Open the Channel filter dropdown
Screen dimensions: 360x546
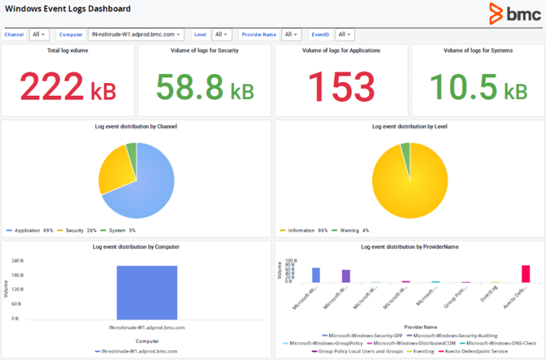coord(39,34)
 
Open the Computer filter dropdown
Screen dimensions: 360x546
coord(140,34)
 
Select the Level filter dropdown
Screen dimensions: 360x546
coord(221,34)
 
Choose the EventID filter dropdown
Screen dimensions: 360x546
coord(344,34)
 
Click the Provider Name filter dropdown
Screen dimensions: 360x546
coord(291,34)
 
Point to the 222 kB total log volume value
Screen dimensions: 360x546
coord(67,86)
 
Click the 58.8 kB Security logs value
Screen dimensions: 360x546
coord(204,86)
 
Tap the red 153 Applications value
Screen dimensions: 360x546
coord(341,86)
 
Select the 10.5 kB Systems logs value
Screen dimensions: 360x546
coord(478,86)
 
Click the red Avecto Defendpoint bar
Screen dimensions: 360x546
coord(526,274)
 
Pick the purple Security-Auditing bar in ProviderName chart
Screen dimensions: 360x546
coord(346,276)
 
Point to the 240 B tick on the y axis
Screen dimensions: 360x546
coord(18,260)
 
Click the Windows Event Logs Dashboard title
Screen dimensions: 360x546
coord(68,9)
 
